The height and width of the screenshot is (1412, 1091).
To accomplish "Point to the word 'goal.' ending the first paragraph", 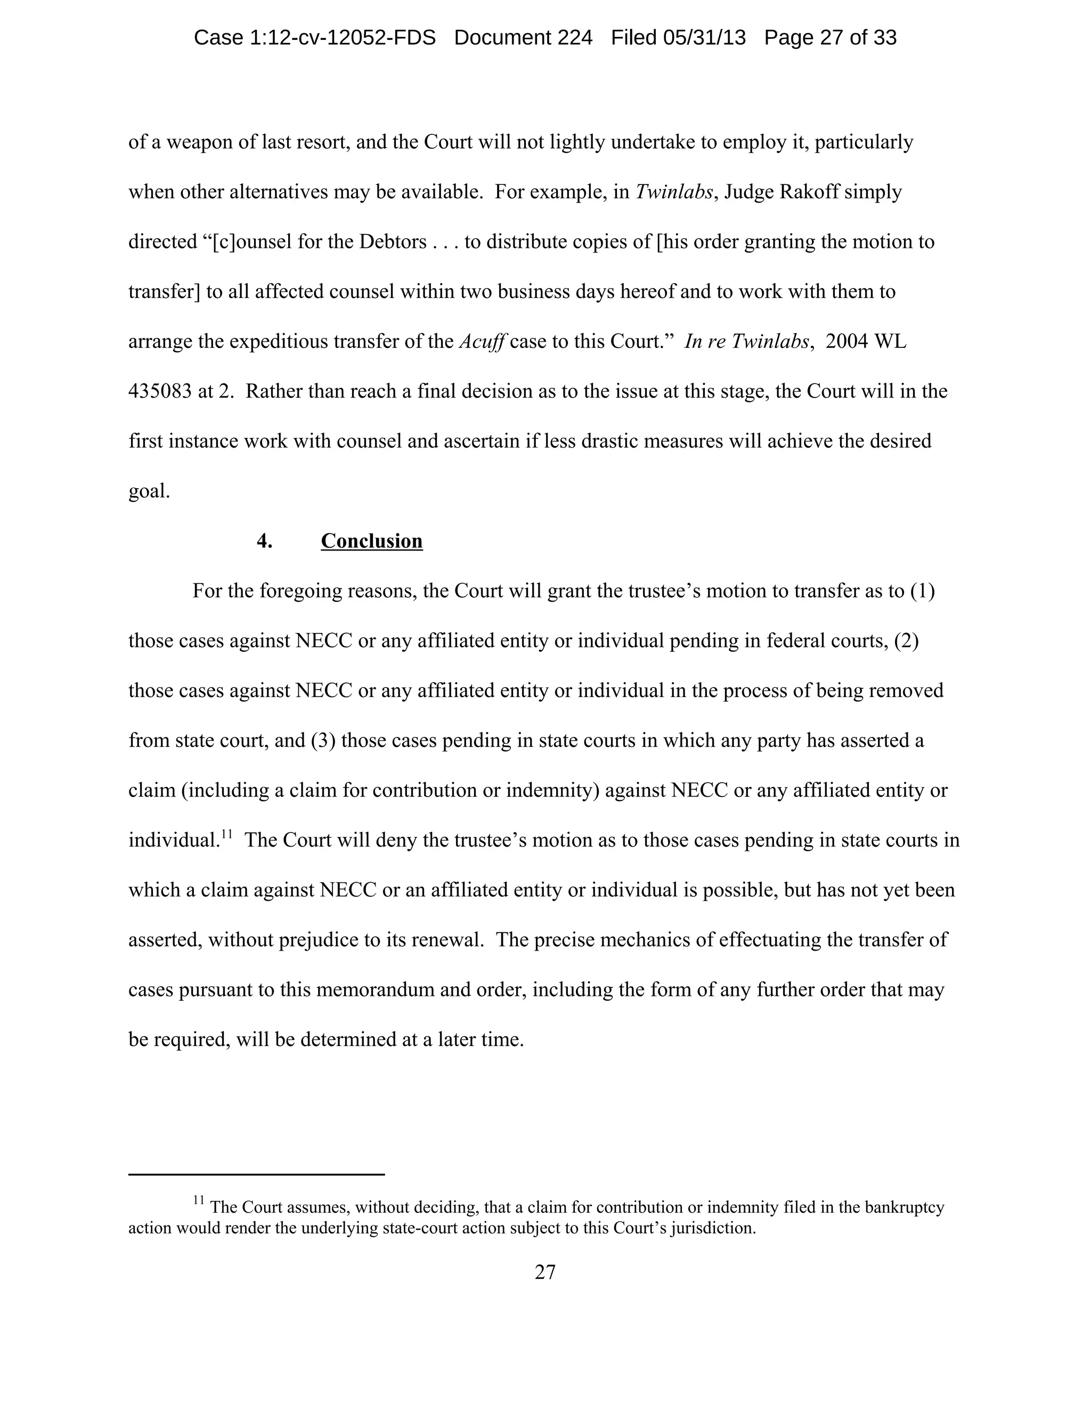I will (149, 491).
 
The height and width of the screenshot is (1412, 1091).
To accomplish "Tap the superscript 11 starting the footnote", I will (198, 1200).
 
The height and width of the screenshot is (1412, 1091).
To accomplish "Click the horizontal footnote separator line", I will (257, 1173).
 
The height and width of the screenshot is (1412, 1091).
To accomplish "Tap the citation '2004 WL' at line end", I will (866, 342).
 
